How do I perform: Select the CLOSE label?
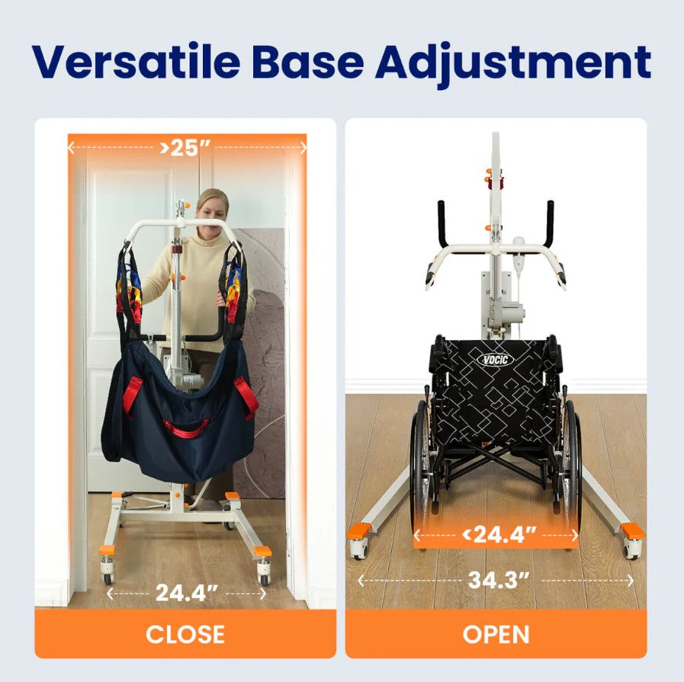click(185, 634)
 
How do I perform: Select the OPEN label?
click(496, 634)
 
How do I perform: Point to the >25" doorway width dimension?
click(186, 147)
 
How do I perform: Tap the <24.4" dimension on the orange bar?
click(496, 534)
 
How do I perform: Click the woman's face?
click(211, 207)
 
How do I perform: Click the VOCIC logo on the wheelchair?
click(496, 359)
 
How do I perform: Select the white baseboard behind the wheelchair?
click(610, 386)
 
